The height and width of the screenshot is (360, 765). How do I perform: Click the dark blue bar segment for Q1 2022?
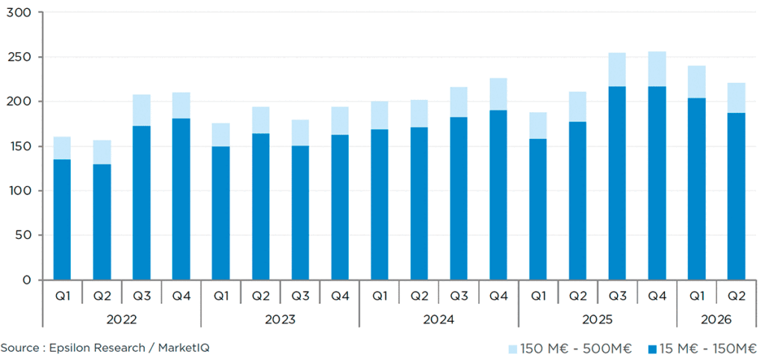click(x=62, y=220)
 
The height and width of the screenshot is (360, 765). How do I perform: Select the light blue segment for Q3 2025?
click(x=616, y=69)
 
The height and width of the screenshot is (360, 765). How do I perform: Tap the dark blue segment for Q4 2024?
click(x=498, y=195)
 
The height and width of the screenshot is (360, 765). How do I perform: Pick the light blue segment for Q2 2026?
click(x=736, y=98)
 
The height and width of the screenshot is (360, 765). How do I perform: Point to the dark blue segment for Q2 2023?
click(x=261, y=207)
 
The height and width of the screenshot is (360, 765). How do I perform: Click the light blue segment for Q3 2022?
click(x=141, y=111)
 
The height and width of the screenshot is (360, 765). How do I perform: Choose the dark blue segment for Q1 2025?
click(x=538, y=209)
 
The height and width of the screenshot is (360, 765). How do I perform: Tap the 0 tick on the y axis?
click(x=28, y=280)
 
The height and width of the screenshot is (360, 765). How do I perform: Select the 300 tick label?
click(x=19, y=12)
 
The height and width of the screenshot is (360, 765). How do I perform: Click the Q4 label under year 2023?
click(x=340, y=296)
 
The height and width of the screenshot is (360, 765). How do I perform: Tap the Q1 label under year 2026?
click(x=697, y=296)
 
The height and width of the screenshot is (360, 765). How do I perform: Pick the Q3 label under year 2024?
click(x=459, y=296)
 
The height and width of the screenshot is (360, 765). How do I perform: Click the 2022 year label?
click(x=122, y=320)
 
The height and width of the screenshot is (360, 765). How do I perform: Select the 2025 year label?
click(x=598, y=320)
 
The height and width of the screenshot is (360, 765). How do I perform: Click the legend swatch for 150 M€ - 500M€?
click(x=512, y=349)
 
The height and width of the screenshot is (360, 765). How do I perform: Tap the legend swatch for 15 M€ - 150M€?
click(x=653, y=349)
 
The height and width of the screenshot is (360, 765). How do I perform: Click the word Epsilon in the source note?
click(x=70, y=348)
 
